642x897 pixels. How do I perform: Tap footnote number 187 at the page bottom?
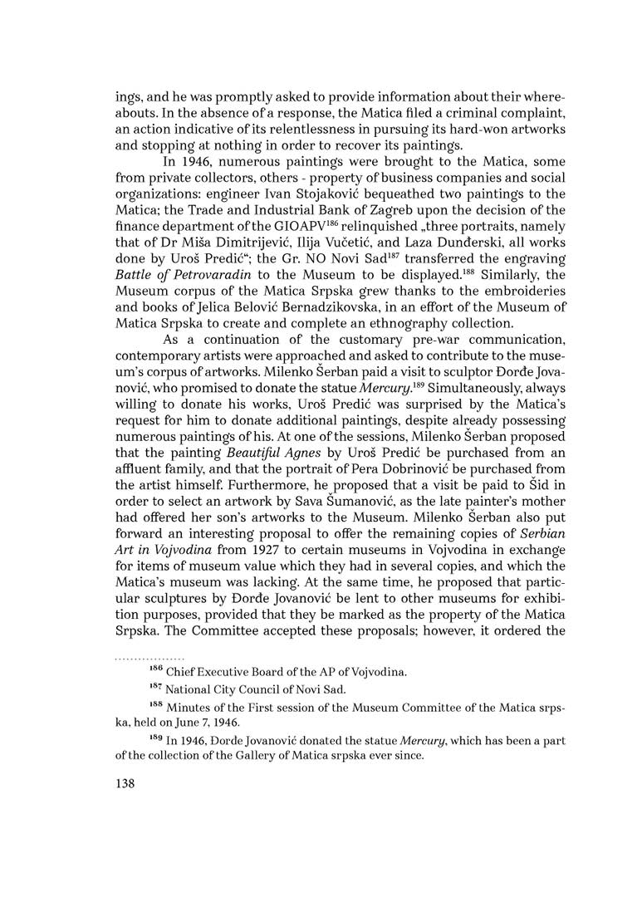coord(155,687)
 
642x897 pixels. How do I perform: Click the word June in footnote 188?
coord(184,723)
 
